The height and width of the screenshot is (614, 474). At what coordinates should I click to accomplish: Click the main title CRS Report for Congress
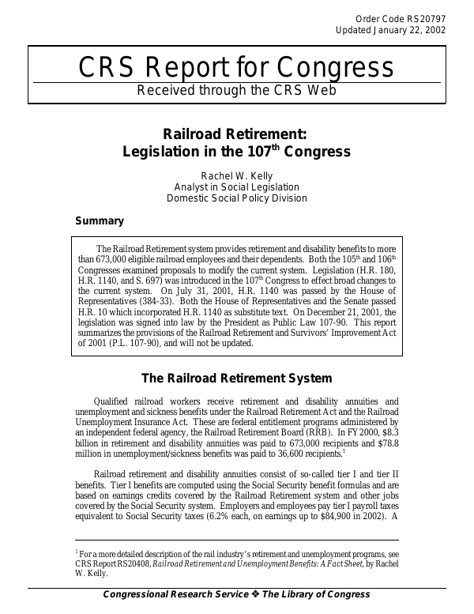(x=236, y=67)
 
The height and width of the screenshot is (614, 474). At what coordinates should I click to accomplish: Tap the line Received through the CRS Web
(x=236, y=90)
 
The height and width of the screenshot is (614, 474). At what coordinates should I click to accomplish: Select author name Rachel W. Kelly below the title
(x=236, y=173)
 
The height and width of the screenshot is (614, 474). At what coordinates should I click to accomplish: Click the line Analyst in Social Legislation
(x=236, y=186)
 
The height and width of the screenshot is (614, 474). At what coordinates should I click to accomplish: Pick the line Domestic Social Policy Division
(x=236, y=198)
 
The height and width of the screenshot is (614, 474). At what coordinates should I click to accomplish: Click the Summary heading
(x=99, y=221)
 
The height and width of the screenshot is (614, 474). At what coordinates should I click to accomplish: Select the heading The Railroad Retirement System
(x=236, y=378)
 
